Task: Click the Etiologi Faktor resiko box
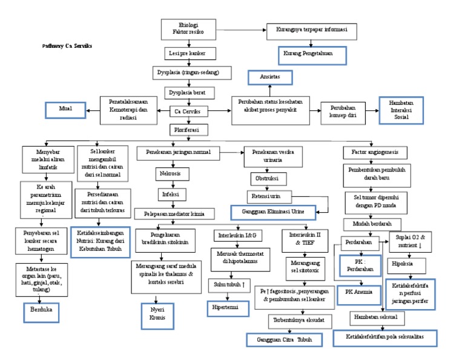(188, 28)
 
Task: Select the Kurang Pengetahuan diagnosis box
(313, 55)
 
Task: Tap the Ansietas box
(269, 78)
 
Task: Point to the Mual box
(65, 110)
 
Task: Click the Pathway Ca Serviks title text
(67, 46)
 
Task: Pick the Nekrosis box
(170, 173)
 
